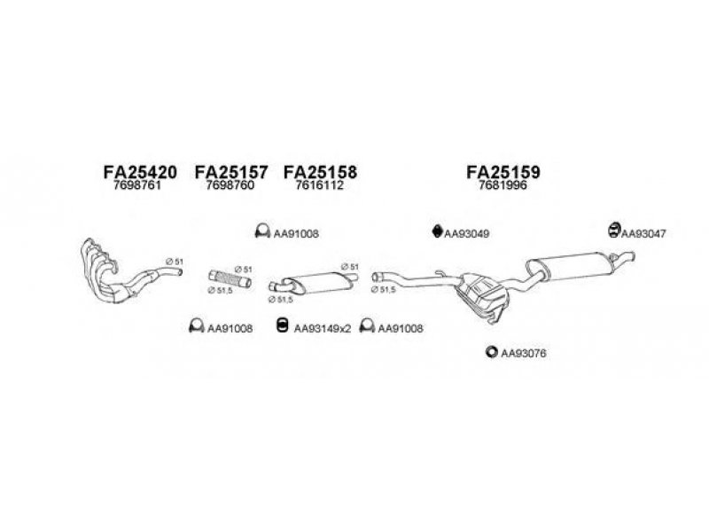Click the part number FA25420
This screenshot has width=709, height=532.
[x=140, y=172]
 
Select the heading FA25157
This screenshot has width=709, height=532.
[x=231, y=172]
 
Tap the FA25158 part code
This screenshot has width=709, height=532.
[x=320, y=172]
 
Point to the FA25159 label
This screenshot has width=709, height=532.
[x=503, y=172]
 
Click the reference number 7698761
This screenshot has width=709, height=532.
[x=137, y=185]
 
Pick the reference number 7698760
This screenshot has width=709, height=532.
[x=230, y=185]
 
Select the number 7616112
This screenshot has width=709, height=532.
[x=319, y=185]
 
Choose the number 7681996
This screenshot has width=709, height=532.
[x=503, y=185]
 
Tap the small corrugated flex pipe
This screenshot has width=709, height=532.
[x=230, y=278]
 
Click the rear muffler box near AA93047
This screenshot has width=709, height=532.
[x=571, y=267]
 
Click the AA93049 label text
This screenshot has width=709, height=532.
[x=467, y=234]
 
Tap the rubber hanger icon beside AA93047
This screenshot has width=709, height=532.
[x=613, y=230]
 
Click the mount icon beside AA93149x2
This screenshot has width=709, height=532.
[x=282, y=325]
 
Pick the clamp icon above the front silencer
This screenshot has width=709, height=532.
[x=262, y=231]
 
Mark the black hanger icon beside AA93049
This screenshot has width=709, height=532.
[x=437, y=231]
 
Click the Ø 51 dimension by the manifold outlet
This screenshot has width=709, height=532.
[x=174, y=262]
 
